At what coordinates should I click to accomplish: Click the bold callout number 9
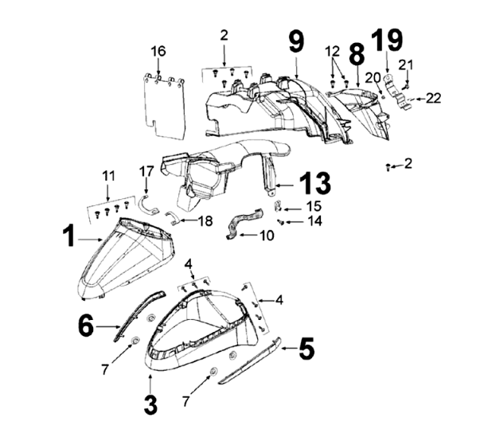tap(295, 41)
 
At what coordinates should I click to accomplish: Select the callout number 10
tap(266, 236)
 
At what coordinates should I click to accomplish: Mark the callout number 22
tap(432, 98)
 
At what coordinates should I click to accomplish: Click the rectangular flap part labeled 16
tap(167, 102)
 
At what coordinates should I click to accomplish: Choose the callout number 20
tap(373, 77)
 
